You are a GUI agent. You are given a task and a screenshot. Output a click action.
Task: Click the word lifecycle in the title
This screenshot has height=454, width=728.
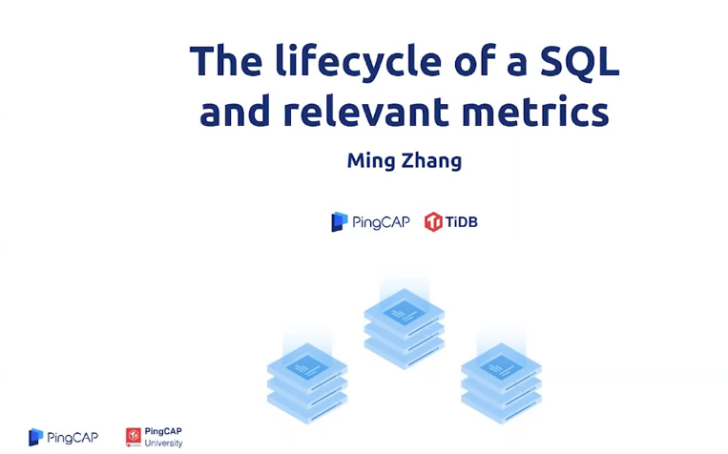[x=359, y=62]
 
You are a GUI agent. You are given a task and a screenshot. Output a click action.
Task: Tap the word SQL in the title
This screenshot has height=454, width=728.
[x=580, y=62]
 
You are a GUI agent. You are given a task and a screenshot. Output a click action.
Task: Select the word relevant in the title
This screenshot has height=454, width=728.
[x=365, y=112]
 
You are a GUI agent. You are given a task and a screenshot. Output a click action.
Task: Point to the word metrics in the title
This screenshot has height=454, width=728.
[x=535, y=112]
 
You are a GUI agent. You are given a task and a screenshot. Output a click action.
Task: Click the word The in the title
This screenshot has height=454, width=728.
[x=226, y=60]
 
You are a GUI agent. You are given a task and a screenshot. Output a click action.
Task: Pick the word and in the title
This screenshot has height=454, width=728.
[x=235, y=111]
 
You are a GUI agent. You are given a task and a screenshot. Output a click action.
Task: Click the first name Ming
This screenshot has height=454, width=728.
[x=371, y=161]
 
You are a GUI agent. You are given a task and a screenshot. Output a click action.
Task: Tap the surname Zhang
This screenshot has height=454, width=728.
[x=431, y=161]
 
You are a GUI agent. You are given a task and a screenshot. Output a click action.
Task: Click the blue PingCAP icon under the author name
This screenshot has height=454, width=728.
[x=340, y=222]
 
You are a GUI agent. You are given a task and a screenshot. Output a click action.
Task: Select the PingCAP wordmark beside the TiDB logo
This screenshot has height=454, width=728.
[x=381, y=222]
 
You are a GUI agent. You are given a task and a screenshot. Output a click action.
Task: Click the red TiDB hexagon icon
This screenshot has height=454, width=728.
[x=433, y=222]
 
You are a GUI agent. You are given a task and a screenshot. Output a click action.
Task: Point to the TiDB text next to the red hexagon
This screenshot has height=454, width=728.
[x=461, y=222]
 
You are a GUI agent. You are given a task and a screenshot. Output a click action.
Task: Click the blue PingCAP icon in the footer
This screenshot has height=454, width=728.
[x=35, y=437]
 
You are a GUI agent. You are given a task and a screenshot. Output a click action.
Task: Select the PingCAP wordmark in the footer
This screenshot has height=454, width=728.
[x=73, y=437]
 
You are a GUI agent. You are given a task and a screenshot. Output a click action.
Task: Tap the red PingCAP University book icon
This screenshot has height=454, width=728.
[x=134, y=437]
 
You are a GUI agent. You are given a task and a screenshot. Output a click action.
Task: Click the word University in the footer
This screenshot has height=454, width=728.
[x=163, y=444]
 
